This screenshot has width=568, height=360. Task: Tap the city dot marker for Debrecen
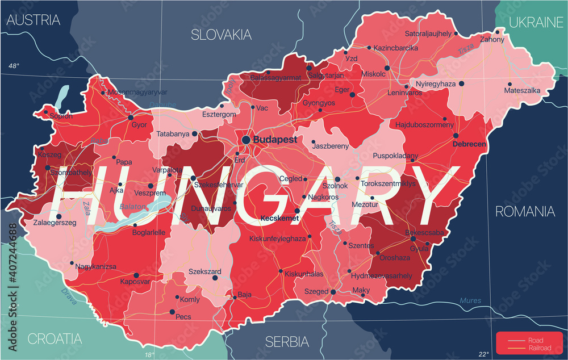456,136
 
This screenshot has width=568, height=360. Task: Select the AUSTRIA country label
33,20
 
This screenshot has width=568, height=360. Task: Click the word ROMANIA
525,212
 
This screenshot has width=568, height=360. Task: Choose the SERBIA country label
287,342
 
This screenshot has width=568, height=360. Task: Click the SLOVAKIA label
221,35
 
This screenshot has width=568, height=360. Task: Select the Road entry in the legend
534,340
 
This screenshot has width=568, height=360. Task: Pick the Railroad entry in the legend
539,348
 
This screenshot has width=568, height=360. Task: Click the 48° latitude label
13,66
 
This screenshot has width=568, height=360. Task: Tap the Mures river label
470,300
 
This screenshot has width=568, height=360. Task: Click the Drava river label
69,297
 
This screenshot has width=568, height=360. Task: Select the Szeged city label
317,291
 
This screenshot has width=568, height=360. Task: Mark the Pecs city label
183,317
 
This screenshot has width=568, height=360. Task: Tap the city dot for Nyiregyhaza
462,83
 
